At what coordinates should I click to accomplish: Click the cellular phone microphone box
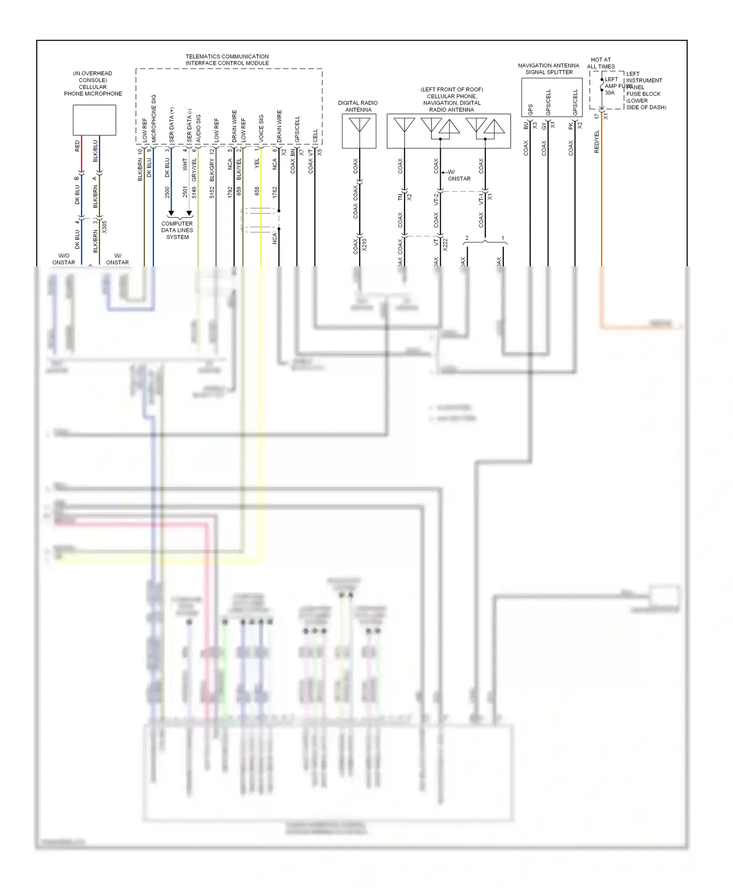(x=94, y=120)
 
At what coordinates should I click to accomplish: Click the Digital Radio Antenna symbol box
(x=359, y=131)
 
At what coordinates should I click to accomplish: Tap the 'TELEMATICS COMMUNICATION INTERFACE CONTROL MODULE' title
(x=227, y=60)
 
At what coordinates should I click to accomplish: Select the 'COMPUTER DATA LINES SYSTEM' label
(x=177, y=230)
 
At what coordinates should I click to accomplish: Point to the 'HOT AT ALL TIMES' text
(x=601, y=63)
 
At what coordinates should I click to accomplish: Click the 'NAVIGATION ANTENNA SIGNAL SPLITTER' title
(x=548, y=68)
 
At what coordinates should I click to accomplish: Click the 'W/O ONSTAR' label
(x=64, y=259)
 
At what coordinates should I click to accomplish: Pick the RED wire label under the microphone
(x=77, y=146)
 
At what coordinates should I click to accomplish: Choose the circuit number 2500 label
(x=167, y=192)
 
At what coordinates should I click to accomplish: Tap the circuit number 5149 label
(x=194, y=192)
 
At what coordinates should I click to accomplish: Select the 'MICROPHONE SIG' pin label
(x=154, y=118)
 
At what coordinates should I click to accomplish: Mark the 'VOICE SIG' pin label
(x=261, y=128)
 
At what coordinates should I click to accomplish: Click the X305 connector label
(x=104, y=226)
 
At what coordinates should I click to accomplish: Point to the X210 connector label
(x=365, y=244)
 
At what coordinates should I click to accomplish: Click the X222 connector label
(x=445, y=244)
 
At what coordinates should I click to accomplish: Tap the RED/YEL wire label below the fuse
(x=597, y=142)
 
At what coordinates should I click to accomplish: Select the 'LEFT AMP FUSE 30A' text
(x=612, y=86)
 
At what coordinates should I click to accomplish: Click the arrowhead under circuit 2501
(x=189, y=214)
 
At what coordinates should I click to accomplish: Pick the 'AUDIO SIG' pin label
(x=198, y=128)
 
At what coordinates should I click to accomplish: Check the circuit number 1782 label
(x=275, y=192)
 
